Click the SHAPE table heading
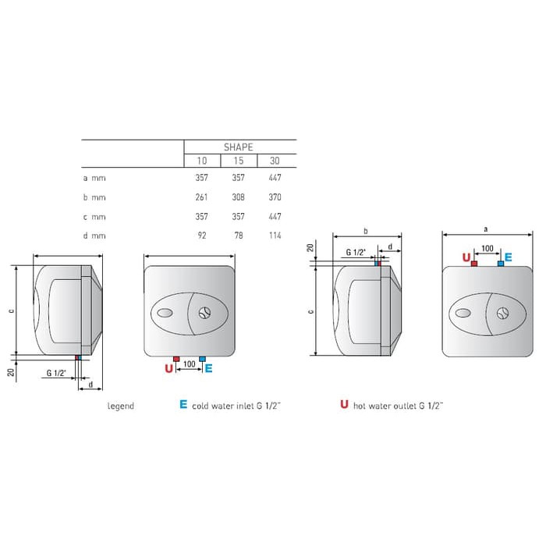[x=238, y=147]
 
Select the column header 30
[x=275, y=161]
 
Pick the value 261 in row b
[x=201, y=197]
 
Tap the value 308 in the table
[x=238, y=197]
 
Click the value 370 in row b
[x=275, y=197]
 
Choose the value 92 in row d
[x=202, y=236]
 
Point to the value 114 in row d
[x=275, y=236]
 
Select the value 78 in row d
[x=239, y=236]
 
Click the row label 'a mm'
[x=94, y=179]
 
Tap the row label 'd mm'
[x=94, y=236]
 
